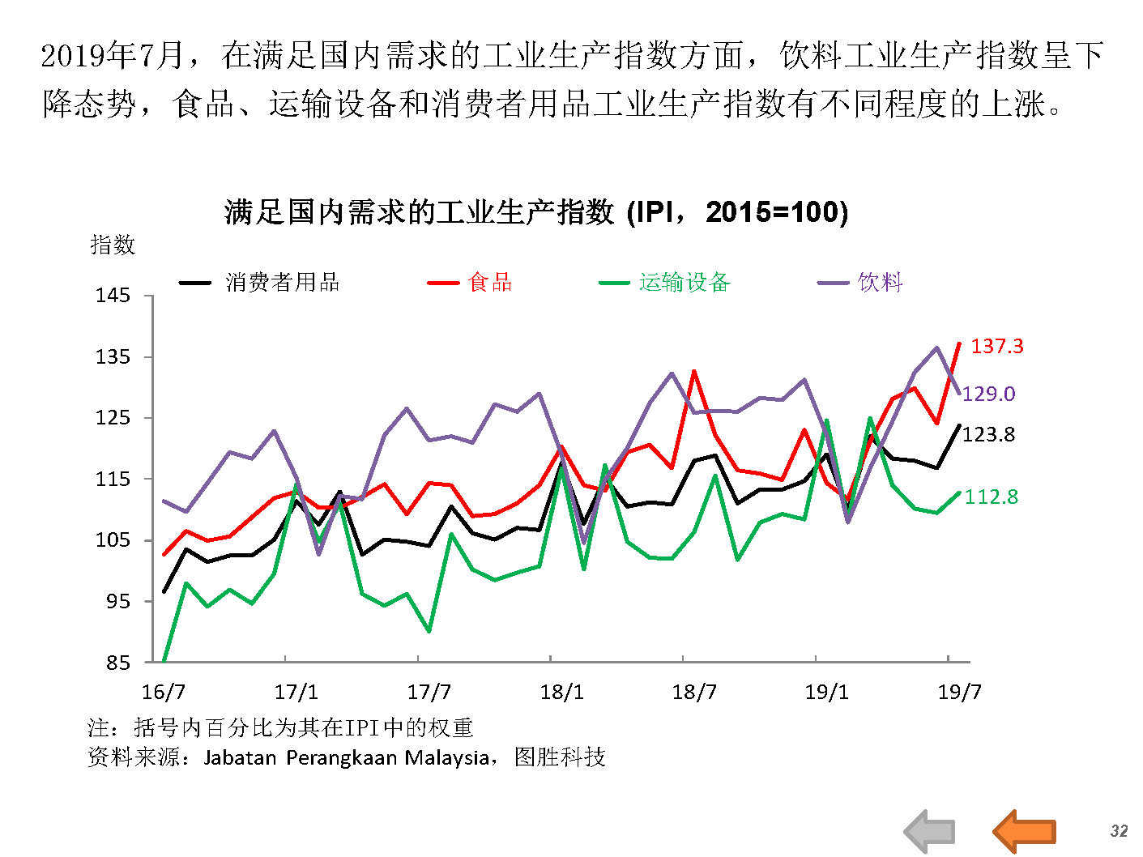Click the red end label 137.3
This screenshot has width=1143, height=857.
[x=996, y=347]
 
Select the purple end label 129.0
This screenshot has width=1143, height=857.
[x=988, y=394]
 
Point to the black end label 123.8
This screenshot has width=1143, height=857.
[x=988, y=435]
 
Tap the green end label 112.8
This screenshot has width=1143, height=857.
[x=992, y=497]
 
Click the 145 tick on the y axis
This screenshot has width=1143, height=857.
[x=113, y=296]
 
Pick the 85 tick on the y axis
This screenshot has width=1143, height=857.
[x=117, y=663]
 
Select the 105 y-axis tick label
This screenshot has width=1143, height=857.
[x=113, y=540]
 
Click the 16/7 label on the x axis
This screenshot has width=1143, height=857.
[x=164, y=693]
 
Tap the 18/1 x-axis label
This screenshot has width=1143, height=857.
[x=561, y=693]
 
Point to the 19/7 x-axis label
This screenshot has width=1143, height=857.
[x=959, y=693]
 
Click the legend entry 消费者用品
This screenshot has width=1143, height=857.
[x=282, y=283]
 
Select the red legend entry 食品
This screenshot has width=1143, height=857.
[x=490, y=283]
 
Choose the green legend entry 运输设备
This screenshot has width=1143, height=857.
[x=685, y=283]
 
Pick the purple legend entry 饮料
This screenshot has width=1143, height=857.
[x=880, y=283]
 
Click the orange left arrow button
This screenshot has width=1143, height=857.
[x=1025, y=831]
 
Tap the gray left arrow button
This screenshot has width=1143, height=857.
[x=930, y=831]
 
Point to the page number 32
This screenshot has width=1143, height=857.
[x=1119, y=831]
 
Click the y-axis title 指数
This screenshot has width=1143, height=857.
[x=113, y=245]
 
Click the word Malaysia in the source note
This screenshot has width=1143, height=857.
[x=446, y=758]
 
